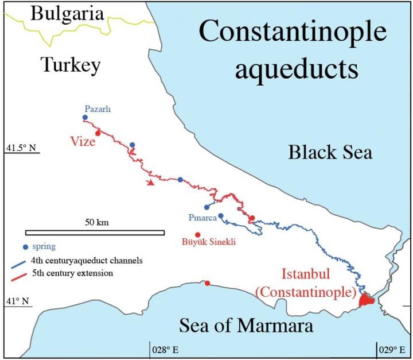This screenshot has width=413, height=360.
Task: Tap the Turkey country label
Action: tap(71, 65)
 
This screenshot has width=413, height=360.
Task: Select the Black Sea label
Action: tap(330, 152)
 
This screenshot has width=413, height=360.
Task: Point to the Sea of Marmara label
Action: tap(246, 326)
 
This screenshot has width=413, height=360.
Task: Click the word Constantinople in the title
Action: tap(293, 34)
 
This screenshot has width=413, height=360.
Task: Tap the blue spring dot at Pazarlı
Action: tap(85, 117)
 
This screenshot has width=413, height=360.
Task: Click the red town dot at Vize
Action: tap(98, 133)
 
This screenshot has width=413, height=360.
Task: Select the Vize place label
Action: tap(83, 141)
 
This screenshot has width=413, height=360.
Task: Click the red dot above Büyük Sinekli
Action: tap(197, 234)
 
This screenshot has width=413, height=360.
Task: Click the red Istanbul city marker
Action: tap(365, 300)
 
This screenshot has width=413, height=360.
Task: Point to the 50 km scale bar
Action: tap(95, 233)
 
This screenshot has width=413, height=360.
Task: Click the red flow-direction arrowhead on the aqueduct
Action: tap(150, 183)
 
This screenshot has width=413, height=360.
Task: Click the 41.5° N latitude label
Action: tap(21, 148)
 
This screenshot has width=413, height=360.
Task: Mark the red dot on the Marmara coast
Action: tap(207, 282)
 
